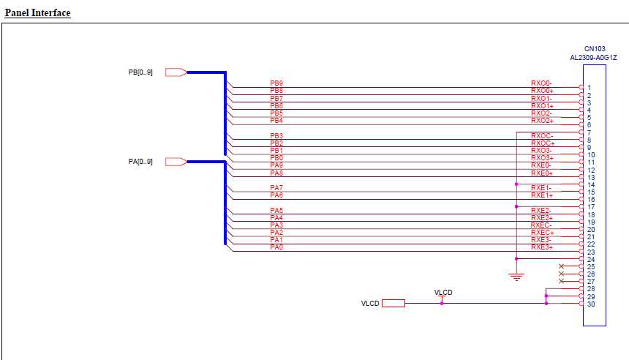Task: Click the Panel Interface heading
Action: [x=38, y=13]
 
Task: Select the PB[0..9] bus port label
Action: [x=140, y=72]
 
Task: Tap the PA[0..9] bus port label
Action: [x=140, y=161]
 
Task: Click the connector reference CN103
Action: [x=595, y=49]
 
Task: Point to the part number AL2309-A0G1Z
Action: [x=594, y=58]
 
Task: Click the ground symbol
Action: [x=516, y=277]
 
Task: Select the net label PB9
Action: [x=276, y=83]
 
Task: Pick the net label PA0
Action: [x=276, y=247]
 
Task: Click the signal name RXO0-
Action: [x=541, y=83]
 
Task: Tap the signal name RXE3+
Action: [x=542, y=247]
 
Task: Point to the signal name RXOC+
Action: [x=543, y=143]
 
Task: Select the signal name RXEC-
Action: [x=541, y=225]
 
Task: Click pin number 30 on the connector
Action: [x=591, y=304]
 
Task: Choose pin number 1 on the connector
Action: [x=589, y=88]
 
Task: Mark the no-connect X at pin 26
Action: [x=561, y=274]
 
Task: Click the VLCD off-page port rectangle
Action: [x=393, y=304]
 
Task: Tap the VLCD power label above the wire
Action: [x=443, y=293]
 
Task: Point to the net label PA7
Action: [x=276, y=188]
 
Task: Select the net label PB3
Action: [x=276, y=135]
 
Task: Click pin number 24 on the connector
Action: [x=591, y=260]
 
